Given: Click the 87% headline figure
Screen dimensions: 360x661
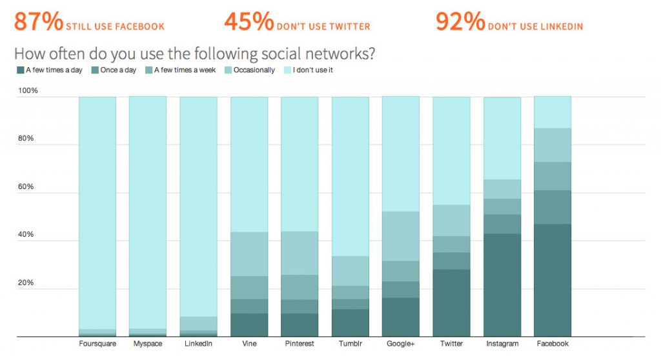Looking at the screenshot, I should coord(38,21).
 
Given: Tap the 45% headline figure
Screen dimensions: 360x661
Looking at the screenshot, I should coord(249,21).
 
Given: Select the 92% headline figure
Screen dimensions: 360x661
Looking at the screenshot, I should coord(460,21).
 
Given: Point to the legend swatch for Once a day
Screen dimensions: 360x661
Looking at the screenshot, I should coord(95,70).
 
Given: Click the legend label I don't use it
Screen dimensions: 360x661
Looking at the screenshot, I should coord(312,70).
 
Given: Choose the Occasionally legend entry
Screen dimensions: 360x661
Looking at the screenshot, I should coord(254,70).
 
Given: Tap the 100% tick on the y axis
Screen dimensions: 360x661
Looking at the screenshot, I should coord(28,91).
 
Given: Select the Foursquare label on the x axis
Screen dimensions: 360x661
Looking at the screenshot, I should coord(97,344).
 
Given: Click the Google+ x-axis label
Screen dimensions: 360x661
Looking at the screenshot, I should coord(400,344).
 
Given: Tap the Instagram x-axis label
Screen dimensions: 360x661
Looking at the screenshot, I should coord(502,344).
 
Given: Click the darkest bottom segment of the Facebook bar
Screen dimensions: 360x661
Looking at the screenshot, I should coord(553,280).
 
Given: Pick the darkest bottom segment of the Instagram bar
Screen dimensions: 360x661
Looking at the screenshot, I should coord(502,285).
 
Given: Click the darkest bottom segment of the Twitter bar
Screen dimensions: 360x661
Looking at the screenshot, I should coord(451,303).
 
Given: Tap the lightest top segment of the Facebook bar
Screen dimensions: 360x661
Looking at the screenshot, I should coord(553,112).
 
